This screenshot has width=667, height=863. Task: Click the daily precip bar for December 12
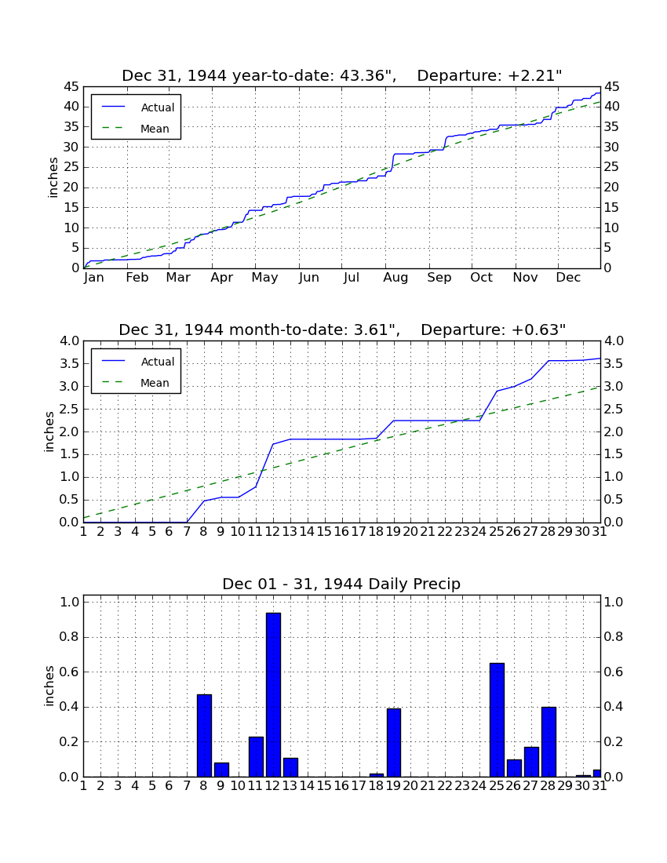(274, 694)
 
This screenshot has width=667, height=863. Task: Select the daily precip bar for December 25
(497, 720)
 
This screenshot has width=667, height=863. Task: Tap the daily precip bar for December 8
(204, 736)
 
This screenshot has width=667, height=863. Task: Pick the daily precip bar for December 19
(393, 742)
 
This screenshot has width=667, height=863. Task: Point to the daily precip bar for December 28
(549, 742)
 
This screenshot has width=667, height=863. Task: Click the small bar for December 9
(221, 770)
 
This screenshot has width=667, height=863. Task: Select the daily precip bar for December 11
(256, 757)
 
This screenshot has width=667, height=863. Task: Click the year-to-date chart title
(342, 75)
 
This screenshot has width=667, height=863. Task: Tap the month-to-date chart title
(342, 330)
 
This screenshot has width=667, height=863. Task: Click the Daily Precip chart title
(341, 584)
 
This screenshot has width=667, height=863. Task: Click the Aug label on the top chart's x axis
(395, 278)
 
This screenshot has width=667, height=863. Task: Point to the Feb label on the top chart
(137, 278)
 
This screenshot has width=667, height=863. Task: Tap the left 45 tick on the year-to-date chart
(71, 87)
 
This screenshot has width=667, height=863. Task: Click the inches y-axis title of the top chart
(53, 178)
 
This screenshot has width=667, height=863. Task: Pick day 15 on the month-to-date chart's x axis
(324, 532)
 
